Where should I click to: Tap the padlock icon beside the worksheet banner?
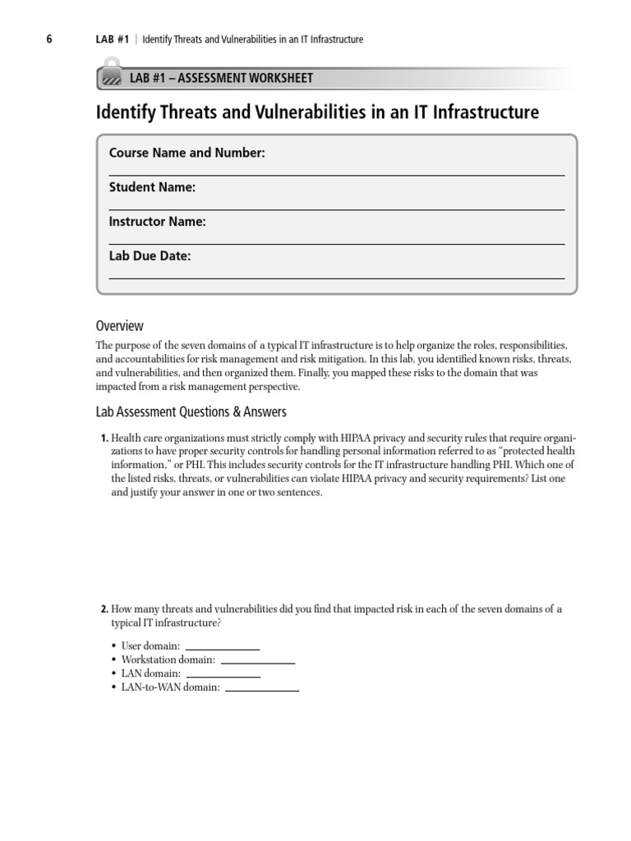click(x=109, y=74)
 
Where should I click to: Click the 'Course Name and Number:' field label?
click(x=187, y=154)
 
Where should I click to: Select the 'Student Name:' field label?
click(x=152, y=187)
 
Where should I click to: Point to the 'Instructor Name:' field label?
click(x=158, y=222)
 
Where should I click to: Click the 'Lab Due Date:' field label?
click(x=150, y=256)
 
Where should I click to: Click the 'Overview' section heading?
click(x=119, y=325)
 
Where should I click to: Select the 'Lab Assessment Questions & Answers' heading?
click(x=191, y=411)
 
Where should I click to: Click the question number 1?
click(x=104, y=438)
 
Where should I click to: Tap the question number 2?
click(x=104, y=609)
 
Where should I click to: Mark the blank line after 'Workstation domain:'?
click(x=257, y=661)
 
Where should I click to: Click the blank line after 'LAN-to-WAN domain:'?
click(x=261, y=688)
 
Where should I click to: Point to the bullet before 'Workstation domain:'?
click(x=113, y=660)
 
